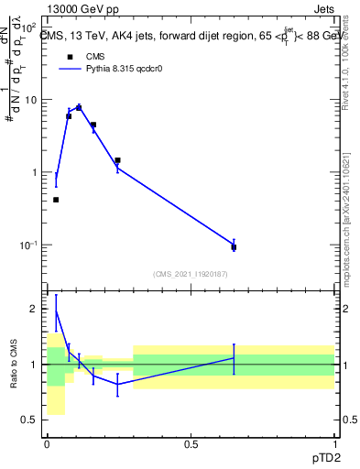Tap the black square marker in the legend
pos(70,56)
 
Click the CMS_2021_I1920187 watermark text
pos(191,274)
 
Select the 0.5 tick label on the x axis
pos(191,444)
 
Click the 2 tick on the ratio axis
pos(35,309)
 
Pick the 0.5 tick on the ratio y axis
pos(30,420)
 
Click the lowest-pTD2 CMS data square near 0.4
pos(56,200)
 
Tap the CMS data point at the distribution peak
pos(79,108)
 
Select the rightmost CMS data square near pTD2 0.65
pos(234,247)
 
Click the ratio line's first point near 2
pos(56,310)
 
